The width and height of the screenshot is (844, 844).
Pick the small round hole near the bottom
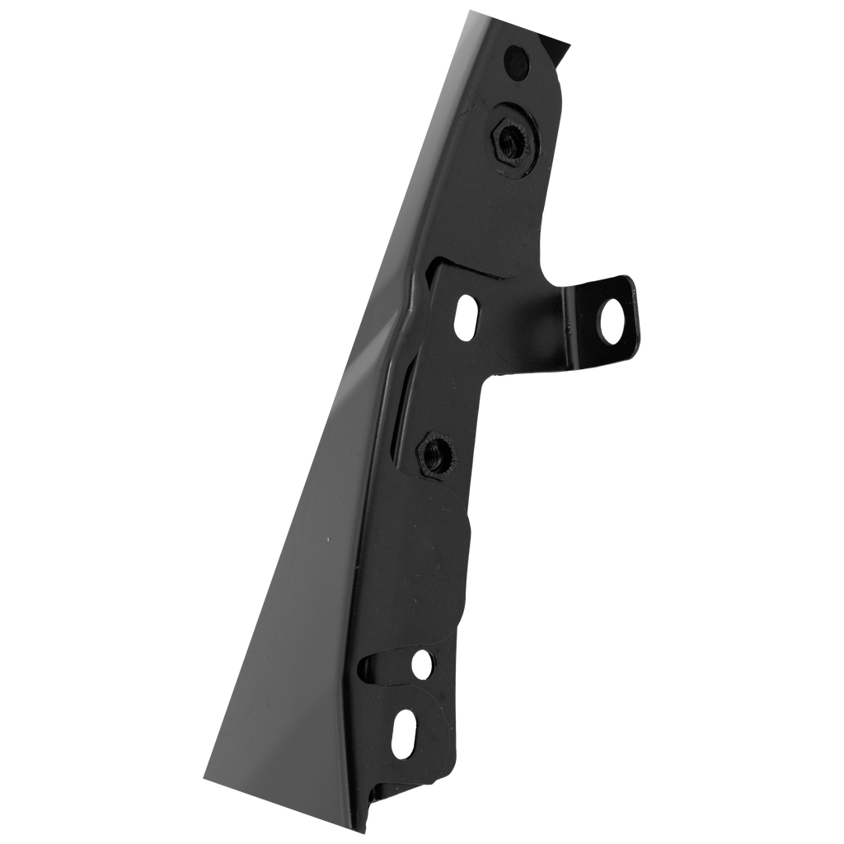tap(423, 662)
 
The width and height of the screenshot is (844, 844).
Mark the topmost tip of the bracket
tap(471, 9)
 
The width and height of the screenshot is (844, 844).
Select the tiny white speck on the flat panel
tap(328, 540)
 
